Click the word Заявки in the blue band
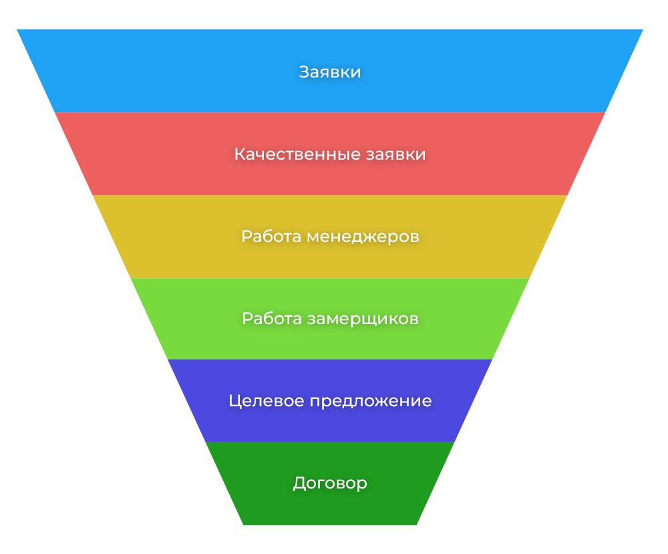click(x=330, y=72)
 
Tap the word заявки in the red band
click(x=396, y=154)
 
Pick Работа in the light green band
click(x=271, y=319)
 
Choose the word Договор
click(x=330, y=483)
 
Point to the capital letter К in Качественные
click(x=239, y=154)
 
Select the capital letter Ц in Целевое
click(x=234, y=401)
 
